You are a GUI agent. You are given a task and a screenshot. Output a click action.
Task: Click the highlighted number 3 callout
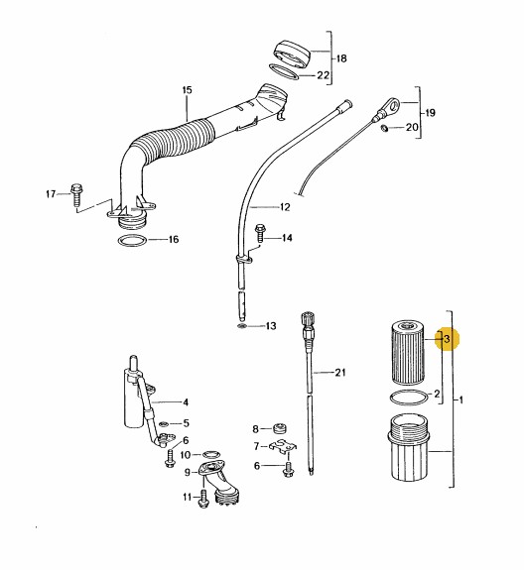pyautogui.click(x=447, y=339)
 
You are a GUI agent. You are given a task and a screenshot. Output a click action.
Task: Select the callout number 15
pyautogui.click(x=187, y=90)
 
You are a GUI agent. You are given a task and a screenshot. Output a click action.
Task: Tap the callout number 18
pyautogui.click(x=341, y=58)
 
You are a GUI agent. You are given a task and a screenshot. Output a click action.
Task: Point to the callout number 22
pyautogui.click(x=324, y=75)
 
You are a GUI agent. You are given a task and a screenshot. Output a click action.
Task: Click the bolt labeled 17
pyautogui.click(x=76, y=195)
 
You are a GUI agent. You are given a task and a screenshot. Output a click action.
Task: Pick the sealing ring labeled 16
pyautogui.click(x=132, y=240)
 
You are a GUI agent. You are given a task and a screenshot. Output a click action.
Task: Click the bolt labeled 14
pyautogui.click(x=260, y=233)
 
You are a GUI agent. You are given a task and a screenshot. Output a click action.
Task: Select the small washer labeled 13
pyautogui.click(x=242, y=325)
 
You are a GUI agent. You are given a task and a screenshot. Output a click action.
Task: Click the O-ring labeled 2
pyautogui.click(x=408, y=398)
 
